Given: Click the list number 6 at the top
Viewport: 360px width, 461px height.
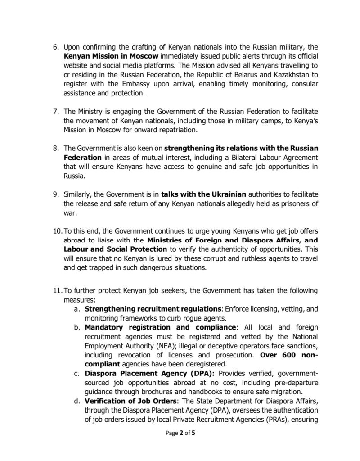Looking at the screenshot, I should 56,47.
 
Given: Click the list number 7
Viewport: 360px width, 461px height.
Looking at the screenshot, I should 56,111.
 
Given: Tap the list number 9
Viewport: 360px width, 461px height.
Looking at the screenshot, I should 56,194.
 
